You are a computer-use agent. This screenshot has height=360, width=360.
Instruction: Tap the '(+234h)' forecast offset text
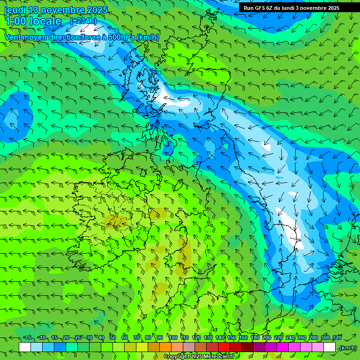point(83,21)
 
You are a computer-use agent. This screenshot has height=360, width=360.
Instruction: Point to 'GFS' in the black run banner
point(261,8)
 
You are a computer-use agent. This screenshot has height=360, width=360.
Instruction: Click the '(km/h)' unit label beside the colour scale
point(347,348)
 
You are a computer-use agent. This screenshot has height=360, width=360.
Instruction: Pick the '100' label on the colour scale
point(173,338)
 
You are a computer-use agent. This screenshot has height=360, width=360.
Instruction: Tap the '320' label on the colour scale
point(337,338)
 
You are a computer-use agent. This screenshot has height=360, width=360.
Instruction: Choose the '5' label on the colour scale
point(30,338)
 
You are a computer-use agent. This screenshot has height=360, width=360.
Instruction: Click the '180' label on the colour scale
point(255,338)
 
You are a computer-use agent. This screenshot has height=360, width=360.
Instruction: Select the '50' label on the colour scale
point(112,338)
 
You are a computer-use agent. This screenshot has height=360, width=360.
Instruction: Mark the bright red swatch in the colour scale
point(224,347)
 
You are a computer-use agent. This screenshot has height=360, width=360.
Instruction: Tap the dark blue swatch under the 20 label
point(60,347)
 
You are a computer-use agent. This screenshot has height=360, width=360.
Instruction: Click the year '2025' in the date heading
point(97,10)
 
